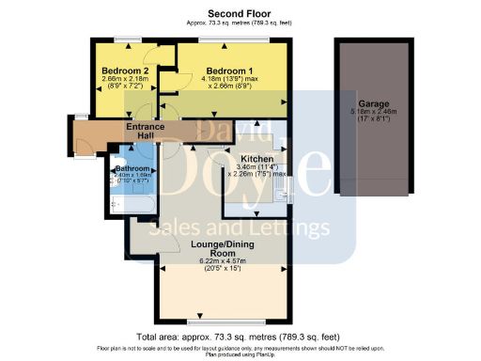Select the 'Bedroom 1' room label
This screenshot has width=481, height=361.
pyautogui.click(x=230, y=71)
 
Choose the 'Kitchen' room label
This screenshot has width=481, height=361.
pyautogui.click(x=256, y=159)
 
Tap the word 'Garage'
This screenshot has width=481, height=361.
pyautogui.click(x=374, y=103)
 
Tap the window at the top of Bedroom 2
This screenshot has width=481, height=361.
pyautogui.click(x=122, y=39)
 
